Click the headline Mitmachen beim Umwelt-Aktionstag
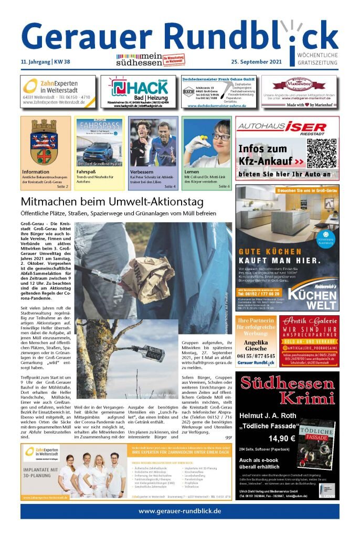[x=111, y=202]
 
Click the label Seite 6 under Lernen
[x=224, y=186]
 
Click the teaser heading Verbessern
[x=143, y=171]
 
